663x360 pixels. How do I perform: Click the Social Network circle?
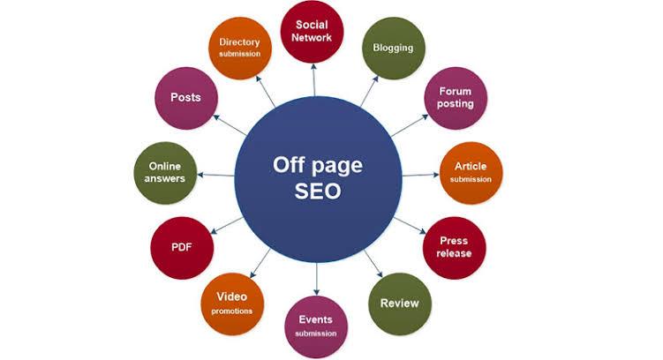[312, 31]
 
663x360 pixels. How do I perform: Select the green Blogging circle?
[394, 49]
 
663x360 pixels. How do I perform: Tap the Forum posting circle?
[456, 98]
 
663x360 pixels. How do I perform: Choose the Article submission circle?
[471, 173]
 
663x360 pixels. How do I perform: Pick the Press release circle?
[455, 248]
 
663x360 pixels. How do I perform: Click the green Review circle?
[400, 304]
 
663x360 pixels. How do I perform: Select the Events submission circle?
[316, 327]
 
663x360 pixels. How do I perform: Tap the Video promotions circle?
[232, 304]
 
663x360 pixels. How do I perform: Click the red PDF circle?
[182, 248]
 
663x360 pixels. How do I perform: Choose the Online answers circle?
[165, 173]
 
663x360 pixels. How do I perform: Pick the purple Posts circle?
[186, 98]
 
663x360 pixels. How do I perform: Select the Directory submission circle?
[240, 49]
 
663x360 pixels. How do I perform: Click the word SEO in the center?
[318, 191]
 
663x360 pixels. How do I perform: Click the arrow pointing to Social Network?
[313, 80]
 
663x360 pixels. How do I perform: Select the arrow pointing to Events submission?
[316, 279]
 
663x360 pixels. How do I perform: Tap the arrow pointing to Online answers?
[216, 175]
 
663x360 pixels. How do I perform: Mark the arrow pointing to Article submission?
[421, 175]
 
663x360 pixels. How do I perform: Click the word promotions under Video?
[232, 311]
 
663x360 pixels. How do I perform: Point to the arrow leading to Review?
[373, 264]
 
